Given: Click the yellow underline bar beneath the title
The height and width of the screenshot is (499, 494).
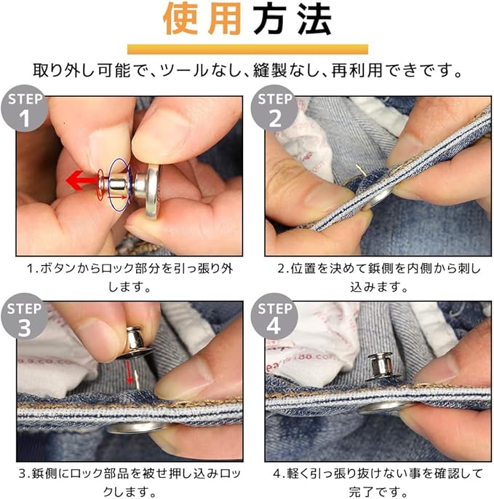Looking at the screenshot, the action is [x=247, y=50].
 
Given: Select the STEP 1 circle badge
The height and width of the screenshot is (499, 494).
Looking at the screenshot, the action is [x=25, y=109].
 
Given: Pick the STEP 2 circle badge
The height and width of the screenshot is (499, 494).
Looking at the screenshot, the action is [x=275, y=109].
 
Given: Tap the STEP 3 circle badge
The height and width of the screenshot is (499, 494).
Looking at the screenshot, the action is [x=25, y=317].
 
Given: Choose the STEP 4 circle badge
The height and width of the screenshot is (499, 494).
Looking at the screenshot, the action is [x=275, y=317].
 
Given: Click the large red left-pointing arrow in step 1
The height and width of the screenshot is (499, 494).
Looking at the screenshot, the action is [x=82, y=181].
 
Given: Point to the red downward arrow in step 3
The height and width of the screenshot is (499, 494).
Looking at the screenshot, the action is [x=129, y=373].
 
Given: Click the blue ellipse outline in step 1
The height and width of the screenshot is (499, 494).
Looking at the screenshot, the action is [x=108, y=184].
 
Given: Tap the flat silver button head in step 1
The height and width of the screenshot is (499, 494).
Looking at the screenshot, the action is [x=152, y=192].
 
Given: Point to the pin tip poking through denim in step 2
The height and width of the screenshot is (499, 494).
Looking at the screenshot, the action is [x=358, y=168].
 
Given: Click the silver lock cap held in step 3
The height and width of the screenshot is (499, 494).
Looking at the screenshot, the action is [x=135, y=343].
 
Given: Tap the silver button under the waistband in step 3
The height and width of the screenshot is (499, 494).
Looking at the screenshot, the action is [x=134, y=428].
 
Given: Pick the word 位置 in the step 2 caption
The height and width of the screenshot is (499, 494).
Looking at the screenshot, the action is [x=303, y=269].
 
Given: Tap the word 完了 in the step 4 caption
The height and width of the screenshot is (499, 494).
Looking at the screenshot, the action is [x=362, y=492].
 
